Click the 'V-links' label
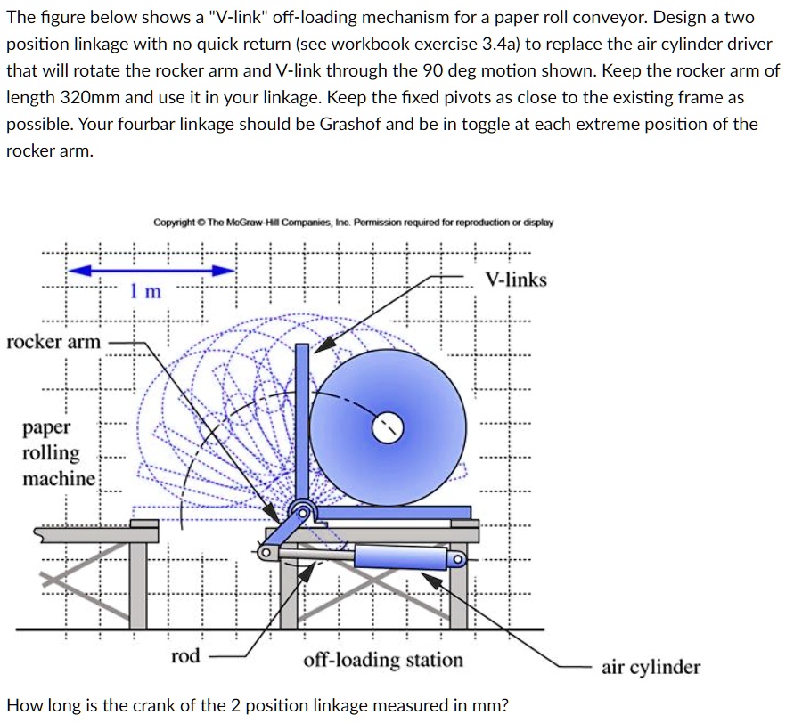[x=516, y=280]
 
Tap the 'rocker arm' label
[x=53, y=342]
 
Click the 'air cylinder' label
[x=651, y=667]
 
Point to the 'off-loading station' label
[x=383, y=660]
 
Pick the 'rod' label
[x=185, y=656]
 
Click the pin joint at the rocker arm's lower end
[x=264, y=553]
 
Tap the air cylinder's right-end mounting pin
[x=456, y=559]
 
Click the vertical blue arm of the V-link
[x=302, y=418]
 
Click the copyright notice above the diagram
[x=353, y=222]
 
